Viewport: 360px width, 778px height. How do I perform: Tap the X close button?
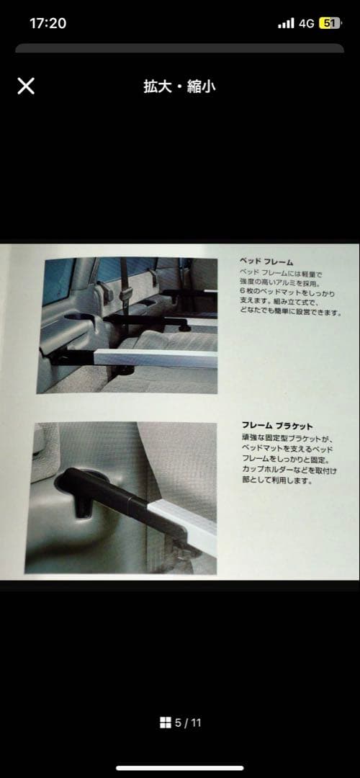26,86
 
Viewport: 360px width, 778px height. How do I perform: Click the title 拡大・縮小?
179,87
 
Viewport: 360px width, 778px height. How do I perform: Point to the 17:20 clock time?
48,23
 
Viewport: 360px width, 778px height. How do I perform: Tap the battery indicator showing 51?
330,23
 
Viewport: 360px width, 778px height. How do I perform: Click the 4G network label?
307,23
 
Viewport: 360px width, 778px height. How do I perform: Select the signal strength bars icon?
286,24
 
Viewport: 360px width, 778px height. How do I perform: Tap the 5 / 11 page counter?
188,723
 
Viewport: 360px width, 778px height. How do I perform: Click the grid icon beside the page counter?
164,723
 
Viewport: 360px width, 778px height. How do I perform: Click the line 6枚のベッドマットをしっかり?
278,292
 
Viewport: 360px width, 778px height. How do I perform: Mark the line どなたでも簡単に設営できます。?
290,313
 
